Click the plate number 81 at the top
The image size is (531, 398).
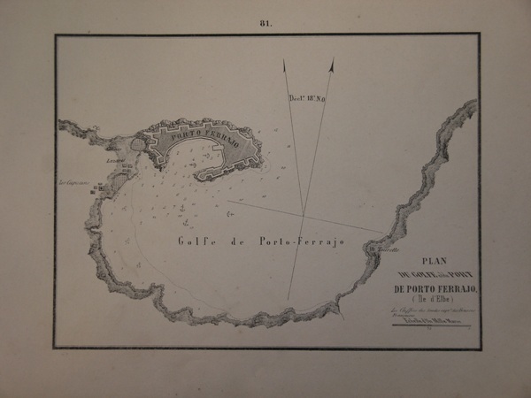265,23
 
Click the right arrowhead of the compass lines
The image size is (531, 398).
332,65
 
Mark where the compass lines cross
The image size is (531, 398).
303,215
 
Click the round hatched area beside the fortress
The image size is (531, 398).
138,143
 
